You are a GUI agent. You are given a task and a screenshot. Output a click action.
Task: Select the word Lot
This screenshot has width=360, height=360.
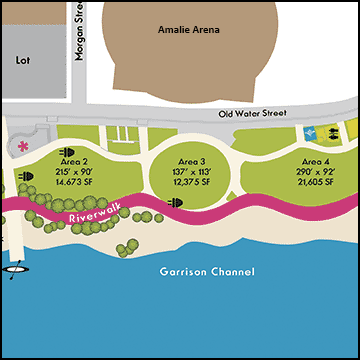[24, 60]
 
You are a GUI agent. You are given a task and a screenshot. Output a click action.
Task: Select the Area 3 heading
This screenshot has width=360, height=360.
[191, 162]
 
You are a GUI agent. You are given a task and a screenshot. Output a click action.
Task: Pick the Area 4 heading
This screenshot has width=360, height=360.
[315, 162]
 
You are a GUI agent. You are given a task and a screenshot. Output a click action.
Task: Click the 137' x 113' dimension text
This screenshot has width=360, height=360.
[191, 173]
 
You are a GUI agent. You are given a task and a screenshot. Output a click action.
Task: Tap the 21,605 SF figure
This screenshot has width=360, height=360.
[315, 184]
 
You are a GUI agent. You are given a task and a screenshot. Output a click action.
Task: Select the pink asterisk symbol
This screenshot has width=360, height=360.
[23, 146]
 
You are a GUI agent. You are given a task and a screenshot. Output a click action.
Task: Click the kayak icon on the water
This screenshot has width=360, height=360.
[16, 268]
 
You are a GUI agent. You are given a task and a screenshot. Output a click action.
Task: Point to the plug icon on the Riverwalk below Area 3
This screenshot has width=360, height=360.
[177, 202]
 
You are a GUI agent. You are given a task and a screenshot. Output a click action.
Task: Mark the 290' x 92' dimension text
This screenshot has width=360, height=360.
[315, 173]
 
